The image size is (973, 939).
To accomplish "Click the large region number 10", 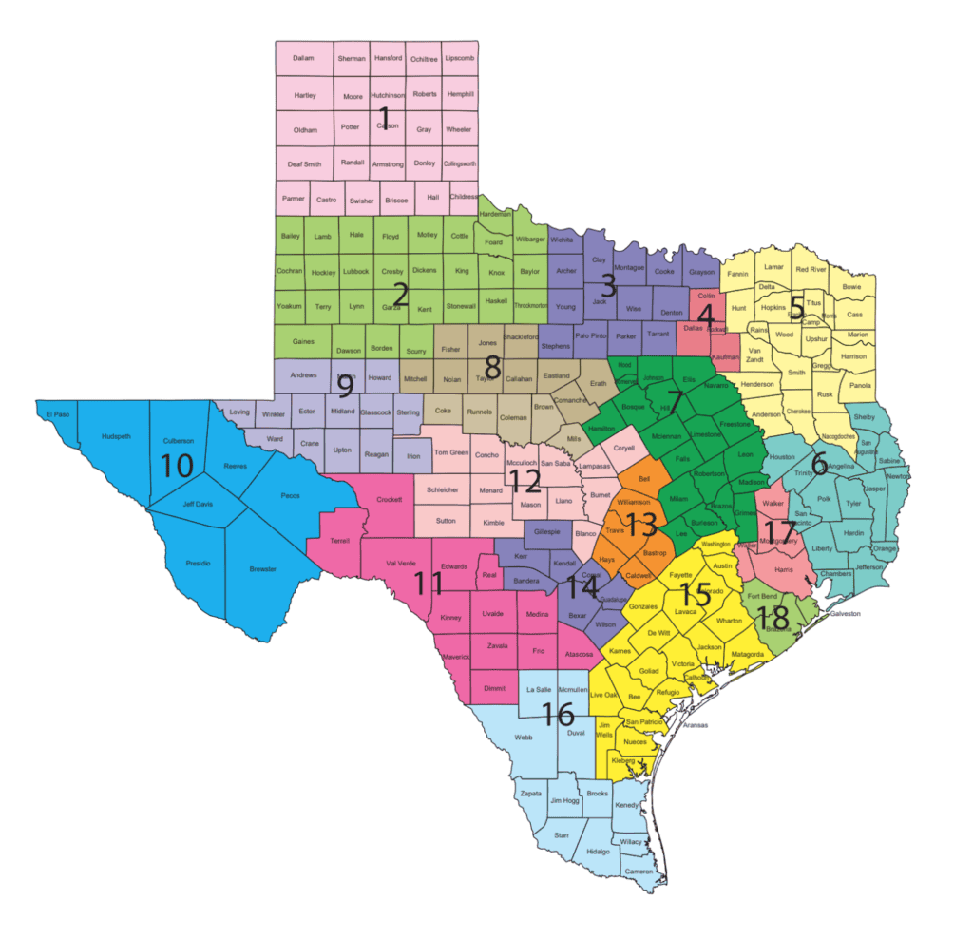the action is point(178,466).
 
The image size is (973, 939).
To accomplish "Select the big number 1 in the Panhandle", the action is point(385,119).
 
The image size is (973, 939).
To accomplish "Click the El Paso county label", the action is point(57,414).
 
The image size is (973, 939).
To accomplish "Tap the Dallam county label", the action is point(304,58).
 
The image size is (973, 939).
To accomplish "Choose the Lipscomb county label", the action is point(459,58).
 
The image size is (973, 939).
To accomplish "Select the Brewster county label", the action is point(262,569).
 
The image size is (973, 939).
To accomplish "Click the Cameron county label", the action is point(639,872).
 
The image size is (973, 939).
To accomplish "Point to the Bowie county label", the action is point(851,285).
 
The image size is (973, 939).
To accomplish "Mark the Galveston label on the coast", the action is point(845,614).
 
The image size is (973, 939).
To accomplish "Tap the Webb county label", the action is point(523,737).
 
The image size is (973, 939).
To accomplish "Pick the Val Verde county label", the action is point(400,564).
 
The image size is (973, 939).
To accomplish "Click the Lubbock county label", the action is point(355,272).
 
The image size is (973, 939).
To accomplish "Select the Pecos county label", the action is point(291,495).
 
